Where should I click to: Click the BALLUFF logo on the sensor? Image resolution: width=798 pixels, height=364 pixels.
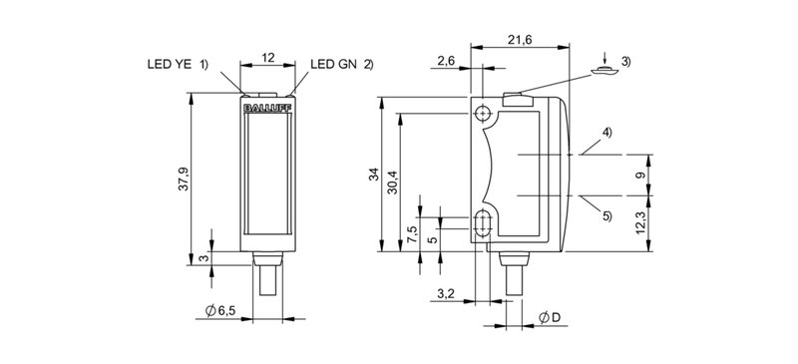point(267,102)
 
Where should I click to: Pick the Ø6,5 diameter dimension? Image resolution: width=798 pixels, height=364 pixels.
point(219,311)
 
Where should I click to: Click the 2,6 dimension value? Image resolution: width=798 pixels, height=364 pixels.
point(445,62)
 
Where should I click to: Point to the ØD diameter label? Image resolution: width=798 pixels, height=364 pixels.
point(549,317)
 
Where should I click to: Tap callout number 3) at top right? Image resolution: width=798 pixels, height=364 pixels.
point(625,64)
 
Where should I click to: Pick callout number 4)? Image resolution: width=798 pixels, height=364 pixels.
point(606,133)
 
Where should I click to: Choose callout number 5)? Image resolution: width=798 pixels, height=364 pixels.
point(606,210)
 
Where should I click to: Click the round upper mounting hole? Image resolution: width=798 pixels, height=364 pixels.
point(484,113)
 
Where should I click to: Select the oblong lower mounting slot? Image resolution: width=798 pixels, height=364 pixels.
point(484,223)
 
